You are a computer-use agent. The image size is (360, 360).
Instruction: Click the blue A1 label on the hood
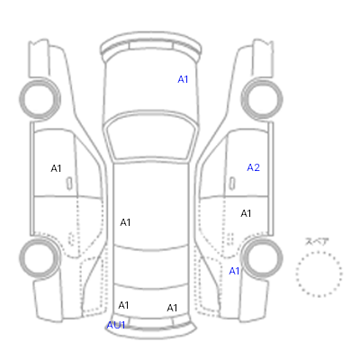point(183,79)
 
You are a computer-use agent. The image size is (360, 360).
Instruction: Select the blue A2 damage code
point(253,167)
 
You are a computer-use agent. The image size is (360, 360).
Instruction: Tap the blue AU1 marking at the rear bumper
point(116,325)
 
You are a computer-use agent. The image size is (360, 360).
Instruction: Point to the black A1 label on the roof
point(125,222)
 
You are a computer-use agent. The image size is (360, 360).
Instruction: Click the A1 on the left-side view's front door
point(56,168)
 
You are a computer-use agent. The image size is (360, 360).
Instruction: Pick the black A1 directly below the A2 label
point(246,213)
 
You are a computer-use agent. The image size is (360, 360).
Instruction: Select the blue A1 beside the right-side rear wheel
point(234,271)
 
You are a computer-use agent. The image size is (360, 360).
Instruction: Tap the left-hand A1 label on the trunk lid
point(123,305)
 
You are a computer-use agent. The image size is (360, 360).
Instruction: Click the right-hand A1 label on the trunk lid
point(172,308)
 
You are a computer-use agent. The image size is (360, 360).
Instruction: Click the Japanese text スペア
point(317,241)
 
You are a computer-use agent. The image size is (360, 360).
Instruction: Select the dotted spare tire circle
point(319,253)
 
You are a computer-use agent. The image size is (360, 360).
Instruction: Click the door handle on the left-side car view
point(69,184)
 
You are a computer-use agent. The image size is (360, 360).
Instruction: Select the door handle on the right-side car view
point(232,184)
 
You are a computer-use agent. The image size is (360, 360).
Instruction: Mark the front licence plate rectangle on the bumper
point(151,46)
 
